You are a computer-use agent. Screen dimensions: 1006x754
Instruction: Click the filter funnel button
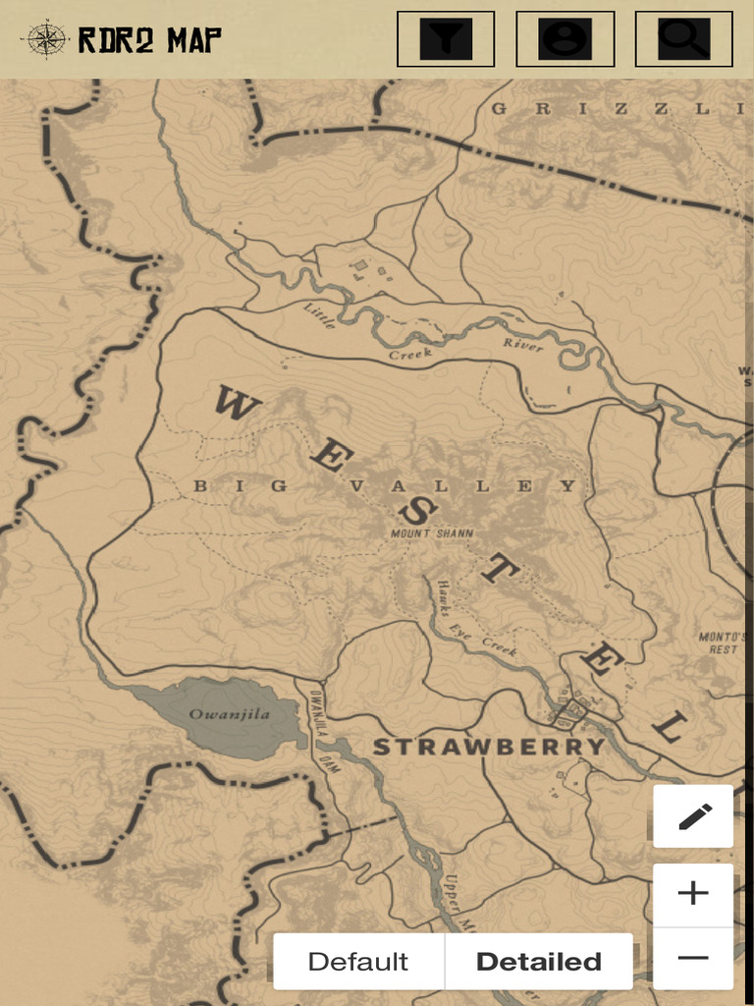(x=446, y=39)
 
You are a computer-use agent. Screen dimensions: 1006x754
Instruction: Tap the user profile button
(x=565, y=39)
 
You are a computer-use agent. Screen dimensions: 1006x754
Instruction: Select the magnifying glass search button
(x=683, y=39)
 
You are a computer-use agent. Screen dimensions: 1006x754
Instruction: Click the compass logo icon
(x=46, y=39)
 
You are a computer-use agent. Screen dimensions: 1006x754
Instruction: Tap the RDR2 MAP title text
(x=149, y=40)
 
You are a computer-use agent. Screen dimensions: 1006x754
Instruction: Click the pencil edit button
(x=693, y=816)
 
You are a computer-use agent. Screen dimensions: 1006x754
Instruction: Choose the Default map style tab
(x=358, y=961)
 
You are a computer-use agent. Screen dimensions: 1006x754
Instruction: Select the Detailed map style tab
(x=538, y=961)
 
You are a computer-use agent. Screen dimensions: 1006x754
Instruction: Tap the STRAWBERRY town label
(x=488, y=748)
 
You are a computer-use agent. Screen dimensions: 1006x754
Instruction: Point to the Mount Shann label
(x=432, y=533)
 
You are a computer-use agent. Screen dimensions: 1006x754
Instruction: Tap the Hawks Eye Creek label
(x=477, y=616)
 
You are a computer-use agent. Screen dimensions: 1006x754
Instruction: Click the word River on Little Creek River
(x=522, y=344)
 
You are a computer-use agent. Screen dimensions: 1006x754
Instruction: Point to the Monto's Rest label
(x=723, y=643)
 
